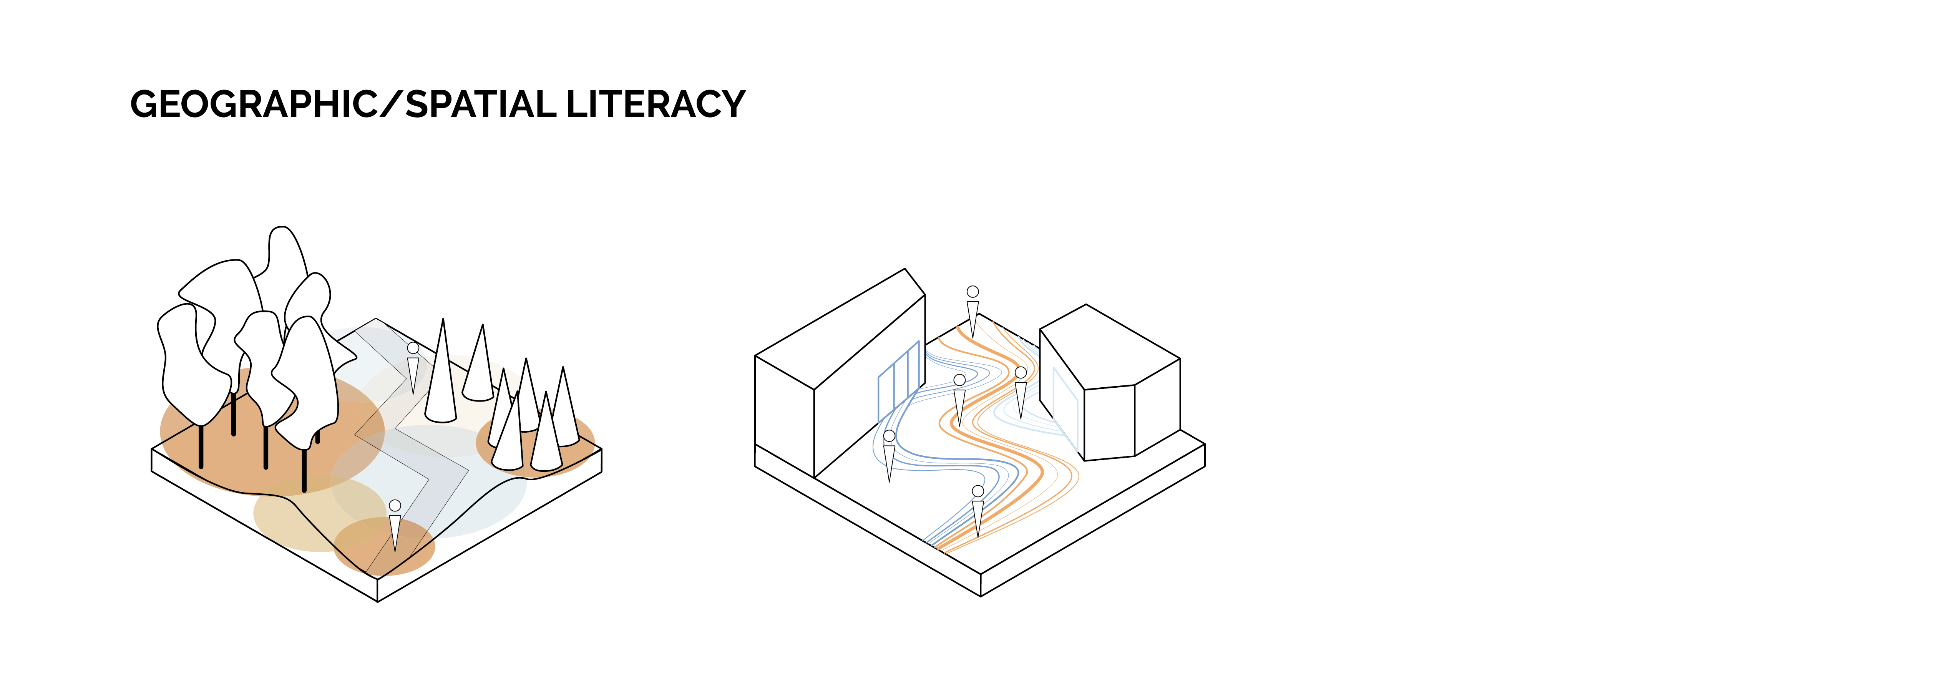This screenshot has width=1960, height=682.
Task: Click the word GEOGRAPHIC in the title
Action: (x=253, y=104)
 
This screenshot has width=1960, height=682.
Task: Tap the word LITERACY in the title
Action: (x=655, y=104)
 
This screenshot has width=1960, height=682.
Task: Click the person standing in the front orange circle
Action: (x=395, y=525)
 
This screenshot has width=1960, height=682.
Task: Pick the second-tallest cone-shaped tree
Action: (x=480, y=364)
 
